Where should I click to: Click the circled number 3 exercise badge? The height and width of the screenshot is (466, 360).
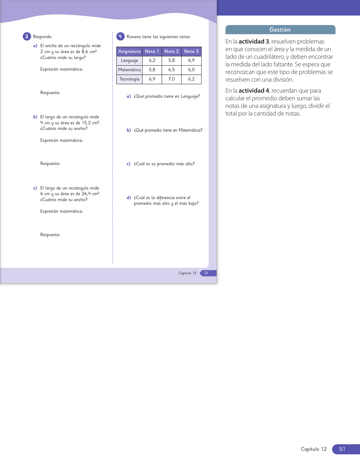[x=27, y=36]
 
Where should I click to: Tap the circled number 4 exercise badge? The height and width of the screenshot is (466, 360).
[x=120, y=36]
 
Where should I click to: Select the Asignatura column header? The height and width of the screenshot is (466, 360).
[x=129, y=51]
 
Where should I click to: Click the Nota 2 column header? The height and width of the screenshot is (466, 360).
[x=171, y=51]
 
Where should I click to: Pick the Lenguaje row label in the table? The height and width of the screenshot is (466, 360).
[x=129, y=60]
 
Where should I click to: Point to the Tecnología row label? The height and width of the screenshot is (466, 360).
[x=129, y=79]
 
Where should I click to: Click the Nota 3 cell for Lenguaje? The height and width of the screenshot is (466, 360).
[x=191, y=60]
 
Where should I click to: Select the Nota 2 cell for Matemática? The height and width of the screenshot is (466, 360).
[x=171, y=70]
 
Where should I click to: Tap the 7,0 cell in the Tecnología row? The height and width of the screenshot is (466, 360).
[x=171, y=79]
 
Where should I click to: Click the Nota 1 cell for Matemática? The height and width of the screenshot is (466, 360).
[x=152, y=70]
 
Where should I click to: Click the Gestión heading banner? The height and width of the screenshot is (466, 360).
[x=280, y=30]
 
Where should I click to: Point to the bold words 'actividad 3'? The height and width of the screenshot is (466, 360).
[x=254, y=42]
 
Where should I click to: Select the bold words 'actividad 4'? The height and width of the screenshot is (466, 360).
[x=254, y=91]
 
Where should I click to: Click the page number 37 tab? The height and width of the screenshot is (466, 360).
[x=206, y=273]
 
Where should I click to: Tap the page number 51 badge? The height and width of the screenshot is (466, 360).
[x=342, y=449]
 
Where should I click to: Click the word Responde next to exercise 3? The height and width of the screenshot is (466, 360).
[x=43, y=37]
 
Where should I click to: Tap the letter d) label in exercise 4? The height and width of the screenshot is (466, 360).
[x=129, y=198]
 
